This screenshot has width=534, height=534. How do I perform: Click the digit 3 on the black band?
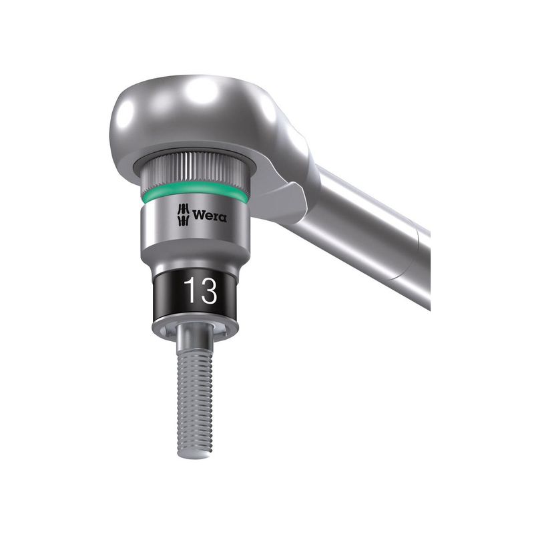pos(208,290)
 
